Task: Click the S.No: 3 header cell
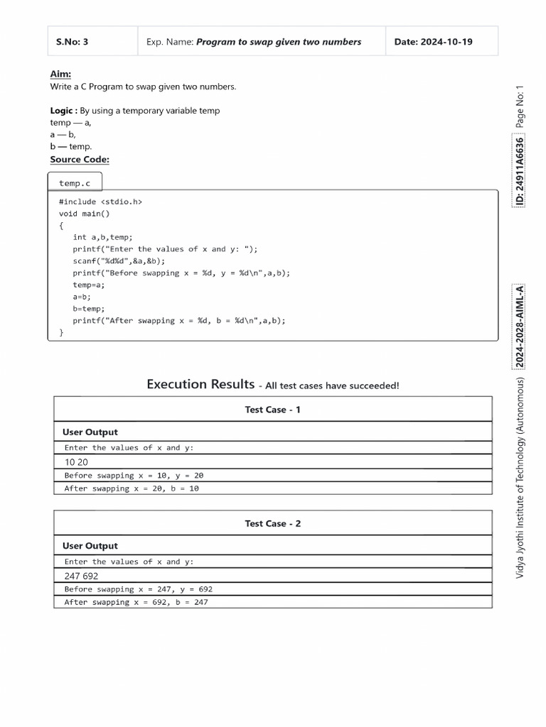tap(72, 42)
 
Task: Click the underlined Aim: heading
tap(60, 74)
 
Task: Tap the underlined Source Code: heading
tap(80, 159)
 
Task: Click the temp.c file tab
tap(75, 183)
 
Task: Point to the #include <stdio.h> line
tap(100, 202)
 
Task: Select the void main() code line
tap(85, 214)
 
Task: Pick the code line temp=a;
tap(89, 285)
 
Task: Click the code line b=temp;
tap(89, 309)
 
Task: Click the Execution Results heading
tap(200, 385)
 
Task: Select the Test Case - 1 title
tap(272, 410)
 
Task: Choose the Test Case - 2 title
tap(272, 523)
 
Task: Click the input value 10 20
tap(76, 461)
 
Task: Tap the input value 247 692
tap(81, 576)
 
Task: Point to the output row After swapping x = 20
tap(132, 488)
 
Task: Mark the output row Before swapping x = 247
tap(138, 589)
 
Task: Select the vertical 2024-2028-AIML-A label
tap(520, 327)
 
